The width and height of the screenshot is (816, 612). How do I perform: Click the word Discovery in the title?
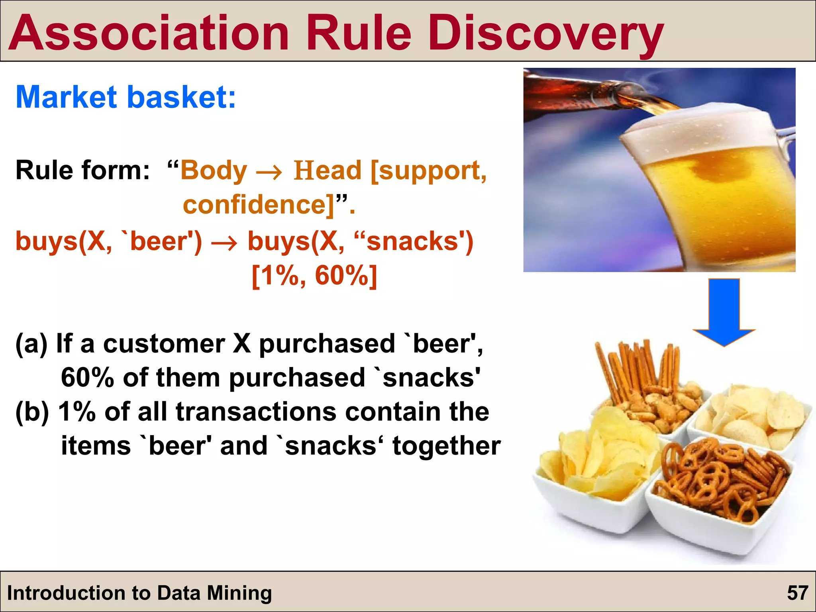[545, 33]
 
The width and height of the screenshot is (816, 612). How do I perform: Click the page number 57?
[797, 593]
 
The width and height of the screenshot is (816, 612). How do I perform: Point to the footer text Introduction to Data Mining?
[139, 593]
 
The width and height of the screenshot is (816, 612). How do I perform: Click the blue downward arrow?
[724, 312]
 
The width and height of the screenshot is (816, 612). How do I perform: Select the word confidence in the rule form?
[255, 204]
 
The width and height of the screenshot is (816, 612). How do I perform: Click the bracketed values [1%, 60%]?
[314, 276]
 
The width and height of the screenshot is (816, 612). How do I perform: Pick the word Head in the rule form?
[327, 171]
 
